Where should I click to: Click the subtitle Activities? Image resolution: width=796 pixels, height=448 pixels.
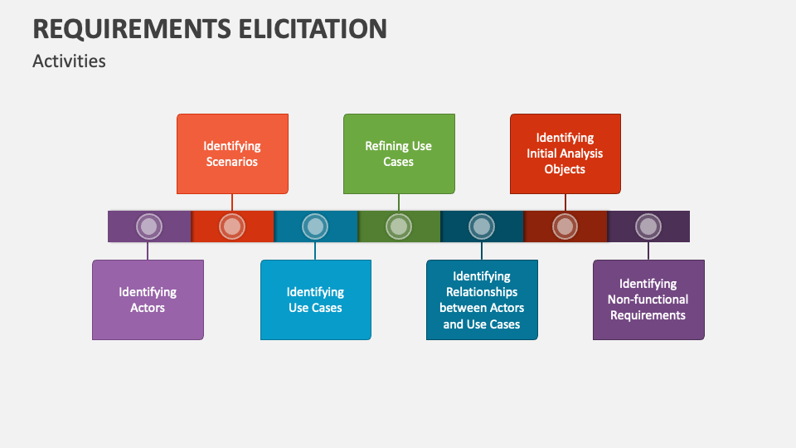coord(69,61)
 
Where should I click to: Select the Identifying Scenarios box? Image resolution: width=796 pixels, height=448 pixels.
coord(232,153)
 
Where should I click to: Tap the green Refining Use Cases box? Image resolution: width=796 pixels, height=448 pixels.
coord(399,153)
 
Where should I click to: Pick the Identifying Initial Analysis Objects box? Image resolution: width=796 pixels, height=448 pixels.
coord(565,153)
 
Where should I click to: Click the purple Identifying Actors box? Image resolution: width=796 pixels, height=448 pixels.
coord(148,299)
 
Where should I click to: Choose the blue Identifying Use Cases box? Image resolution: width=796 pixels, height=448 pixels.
coord(315,299)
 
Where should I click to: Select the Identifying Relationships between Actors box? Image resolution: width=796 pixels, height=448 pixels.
coord(482,299)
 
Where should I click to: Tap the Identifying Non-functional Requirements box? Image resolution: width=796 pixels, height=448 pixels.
coord(648,299)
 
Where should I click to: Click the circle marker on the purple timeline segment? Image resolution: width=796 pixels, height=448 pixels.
coord(148,226)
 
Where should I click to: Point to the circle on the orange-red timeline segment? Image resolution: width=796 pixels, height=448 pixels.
coord(232,226)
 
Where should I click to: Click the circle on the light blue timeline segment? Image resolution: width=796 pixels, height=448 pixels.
coord(315,226)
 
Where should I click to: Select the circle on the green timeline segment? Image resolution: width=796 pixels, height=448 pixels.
coord(399,226)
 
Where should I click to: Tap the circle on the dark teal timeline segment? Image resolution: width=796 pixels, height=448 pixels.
coord(482,226)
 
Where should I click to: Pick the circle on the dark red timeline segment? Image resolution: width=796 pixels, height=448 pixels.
coord(565,226)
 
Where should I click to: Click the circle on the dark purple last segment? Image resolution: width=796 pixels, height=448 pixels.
coord(648,226)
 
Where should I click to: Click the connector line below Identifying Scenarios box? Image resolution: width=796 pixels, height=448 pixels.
coord(232,202)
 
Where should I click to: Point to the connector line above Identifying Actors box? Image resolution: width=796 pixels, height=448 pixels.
coord(148,251)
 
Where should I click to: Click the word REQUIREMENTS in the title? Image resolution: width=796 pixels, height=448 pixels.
coord(129,28)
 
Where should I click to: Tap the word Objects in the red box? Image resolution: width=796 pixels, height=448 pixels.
coord(565,169)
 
